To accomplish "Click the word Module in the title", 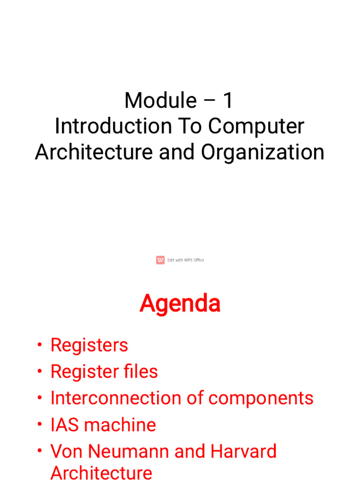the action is point(160,100).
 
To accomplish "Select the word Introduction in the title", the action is point(113,126).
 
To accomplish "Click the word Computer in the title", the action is point(256,127).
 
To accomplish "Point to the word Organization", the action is point(262,152).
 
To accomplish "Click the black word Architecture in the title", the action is point(94,152).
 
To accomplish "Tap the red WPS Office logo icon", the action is point(160,260).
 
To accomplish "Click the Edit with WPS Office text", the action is point(186,260).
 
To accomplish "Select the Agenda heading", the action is point(180,304).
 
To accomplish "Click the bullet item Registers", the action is point(89,345).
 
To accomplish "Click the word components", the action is point(261,399).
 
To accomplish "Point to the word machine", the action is point(120,425).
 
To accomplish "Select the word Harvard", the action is point(243,451).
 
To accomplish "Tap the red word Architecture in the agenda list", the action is point(101,472).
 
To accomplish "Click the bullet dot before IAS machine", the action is point(39,424).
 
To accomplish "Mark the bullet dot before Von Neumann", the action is point(39,450).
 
